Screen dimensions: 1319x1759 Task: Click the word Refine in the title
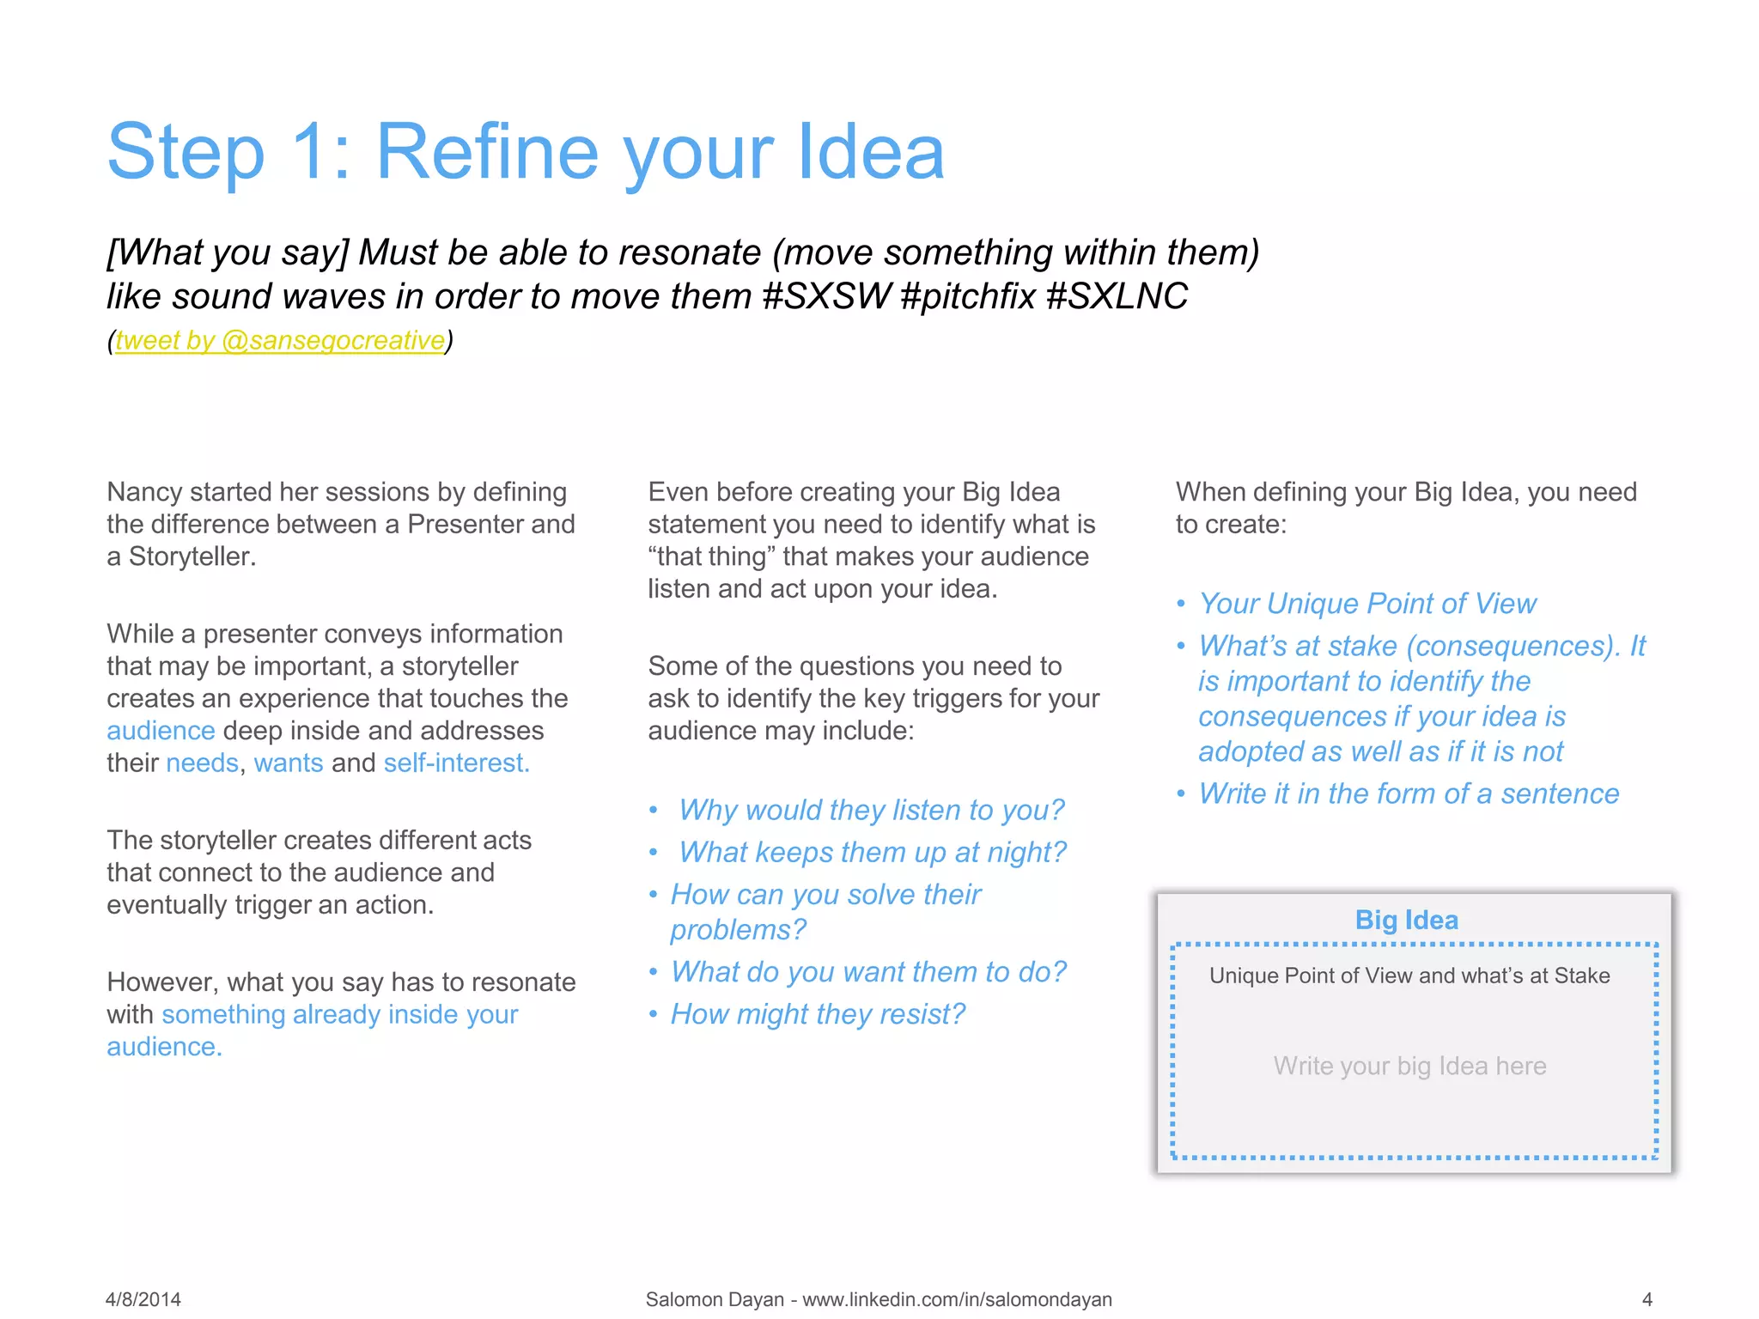pyautogui.click(x=487, y=152)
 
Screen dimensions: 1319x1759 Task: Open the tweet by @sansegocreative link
pyautogui.click(x=280, y=341)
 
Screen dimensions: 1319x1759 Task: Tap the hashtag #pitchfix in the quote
pyautogui.click(x=968, y=297)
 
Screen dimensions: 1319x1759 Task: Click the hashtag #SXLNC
pyautogui.click(x=1117, y=297)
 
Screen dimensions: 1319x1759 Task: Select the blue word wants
pyautogui.click(x=289, y=763)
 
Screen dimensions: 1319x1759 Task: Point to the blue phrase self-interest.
pyautogui.click(x=456, y=763)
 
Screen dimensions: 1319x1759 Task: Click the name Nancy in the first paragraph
pyautogui.click(x=144, y=492)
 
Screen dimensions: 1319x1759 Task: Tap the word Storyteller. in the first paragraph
pyautogui.click(x=192, y=557)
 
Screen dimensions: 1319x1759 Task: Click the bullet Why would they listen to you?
pyautogui.click(x=871, y=810)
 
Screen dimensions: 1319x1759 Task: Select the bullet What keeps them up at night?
pyautogui.click(x=872, y=852)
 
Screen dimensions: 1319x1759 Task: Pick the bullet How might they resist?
pyautogui.click(x=818, y=1014)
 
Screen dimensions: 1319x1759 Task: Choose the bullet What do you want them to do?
pyautogui.click(x=868, y=972)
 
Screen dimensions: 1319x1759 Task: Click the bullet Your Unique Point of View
pyautogui.click(x=1367, y=604)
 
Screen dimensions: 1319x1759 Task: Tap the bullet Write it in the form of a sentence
pyautogui.click(x=1409, y=793)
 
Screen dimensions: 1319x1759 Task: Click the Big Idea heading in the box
pyautogui.click(x=1406, y=920)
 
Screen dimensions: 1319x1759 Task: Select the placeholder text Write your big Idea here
pyautogui.click(x=1409, y=1066)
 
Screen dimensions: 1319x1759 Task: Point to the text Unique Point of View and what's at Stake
pyautogui.click(x=1409, y=976)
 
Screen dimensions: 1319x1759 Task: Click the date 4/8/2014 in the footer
pyautogui.click(x=143, y=1299)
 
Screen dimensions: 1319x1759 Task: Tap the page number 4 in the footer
pyautogui.click(x=1646, y=1299)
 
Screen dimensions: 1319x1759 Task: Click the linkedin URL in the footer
pyautogui.click(x=957, y=1299)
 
